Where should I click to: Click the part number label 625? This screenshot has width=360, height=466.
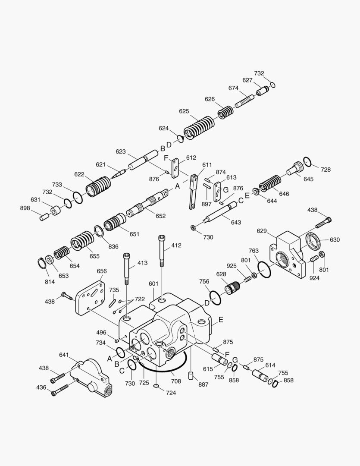coord(184,111)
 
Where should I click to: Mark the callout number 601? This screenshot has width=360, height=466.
coord(153,283)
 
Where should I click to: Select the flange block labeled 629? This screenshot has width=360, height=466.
coord(290,255)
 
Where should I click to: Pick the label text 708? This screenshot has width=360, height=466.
coord(176,381)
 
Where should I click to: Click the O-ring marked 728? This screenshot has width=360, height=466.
coord(307,162)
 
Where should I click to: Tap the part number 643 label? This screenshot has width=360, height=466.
coord(236,223)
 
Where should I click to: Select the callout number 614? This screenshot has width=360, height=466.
coord(270,365)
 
